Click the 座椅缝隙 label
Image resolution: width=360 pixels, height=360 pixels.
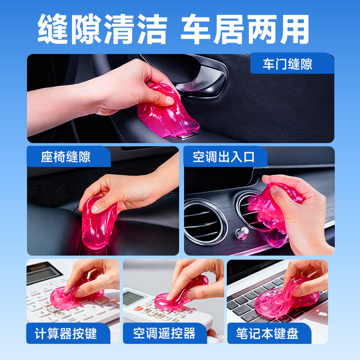[x=66, y=157]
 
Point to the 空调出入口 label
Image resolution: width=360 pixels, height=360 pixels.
[x=224, y=157]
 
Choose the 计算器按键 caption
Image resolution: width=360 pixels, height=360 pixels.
[x=66, y=333]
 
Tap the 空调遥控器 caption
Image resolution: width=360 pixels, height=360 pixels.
[x=164, y=333]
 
